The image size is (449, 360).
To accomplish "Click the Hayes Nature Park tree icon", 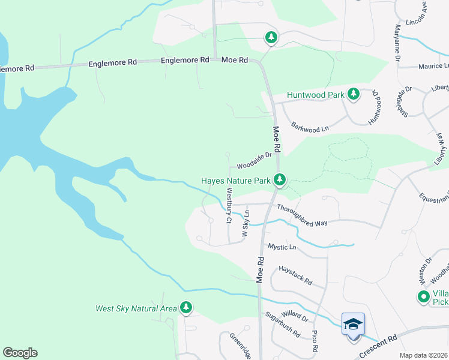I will (x=279, y=179).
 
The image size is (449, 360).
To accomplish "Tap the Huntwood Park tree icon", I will (x=354, y=94).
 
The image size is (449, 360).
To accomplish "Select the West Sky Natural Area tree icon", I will (x=186, y=308).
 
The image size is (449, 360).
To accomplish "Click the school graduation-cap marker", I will (x=353, y=325).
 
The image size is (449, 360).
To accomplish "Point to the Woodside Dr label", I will (x=255, y=160).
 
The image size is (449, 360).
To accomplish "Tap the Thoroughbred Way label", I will (x=302, y=215).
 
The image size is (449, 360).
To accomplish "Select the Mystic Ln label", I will (x=282, y=247).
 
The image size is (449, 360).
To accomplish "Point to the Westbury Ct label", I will (x=229, y=206).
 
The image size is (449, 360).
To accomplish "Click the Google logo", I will (x=20, y=353).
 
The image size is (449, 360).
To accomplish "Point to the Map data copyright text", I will (x=423, y=355).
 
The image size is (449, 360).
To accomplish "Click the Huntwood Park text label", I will (x=315, y=95).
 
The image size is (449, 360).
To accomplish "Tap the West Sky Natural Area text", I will (x=136, y=309).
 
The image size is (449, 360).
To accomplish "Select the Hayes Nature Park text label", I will (x=236, y=180).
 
